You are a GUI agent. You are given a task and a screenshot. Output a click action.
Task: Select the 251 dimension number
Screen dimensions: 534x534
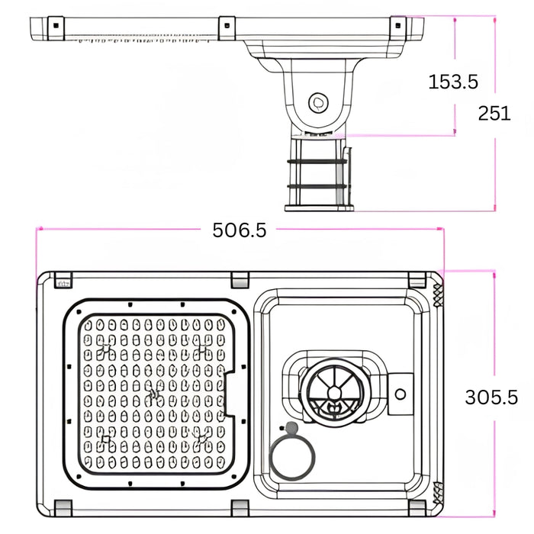(x=494, y=114)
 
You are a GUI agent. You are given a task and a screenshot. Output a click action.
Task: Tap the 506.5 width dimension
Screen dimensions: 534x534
(x=240, y=230)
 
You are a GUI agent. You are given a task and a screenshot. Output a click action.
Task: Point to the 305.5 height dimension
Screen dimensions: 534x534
(x=491, y=397)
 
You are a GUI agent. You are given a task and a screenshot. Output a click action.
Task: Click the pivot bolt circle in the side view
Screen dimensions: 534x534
(x=317, y=101)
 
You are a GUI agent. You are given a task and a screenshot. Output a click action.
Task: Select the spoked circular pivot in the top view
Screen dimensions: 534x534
(x=333, y=393)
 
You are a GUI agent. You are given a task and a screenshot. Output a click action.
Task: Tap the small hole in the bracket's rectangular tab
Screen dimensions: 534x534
(x=400, y=394)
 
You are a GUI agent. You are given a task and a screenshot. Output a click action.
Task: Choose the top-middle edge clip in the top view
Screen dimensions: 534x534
(x=240, y=278)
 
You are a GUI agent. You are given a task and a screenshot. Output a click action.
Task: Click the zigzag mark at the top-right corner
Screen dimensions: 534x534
(x=438, y=292)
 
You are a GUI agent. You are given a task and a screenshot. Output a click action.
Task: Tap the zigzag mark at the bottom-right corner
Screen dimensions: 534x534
(x=438, y=496)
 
